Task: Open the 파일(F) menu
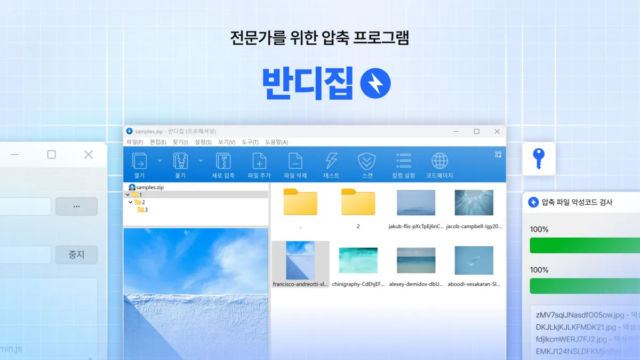pos(134,142)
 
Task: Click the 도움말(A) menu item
pos(276,142)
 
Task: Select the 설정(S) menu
pos(203,142)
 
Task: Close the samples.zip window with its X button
pos(497,132)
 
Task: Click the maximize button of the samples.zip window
pos(476,132)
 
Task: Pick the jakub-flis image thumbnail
pos(415,203)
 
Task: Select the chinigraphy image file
pos(358,260)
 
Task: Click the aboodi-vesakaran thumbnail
pos(474,260)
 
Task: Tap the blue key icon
pos(539,159)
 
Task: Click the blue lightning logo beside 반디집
pos(375,83)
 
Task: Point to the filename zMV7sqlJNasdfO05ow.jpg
pos(571,315)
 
